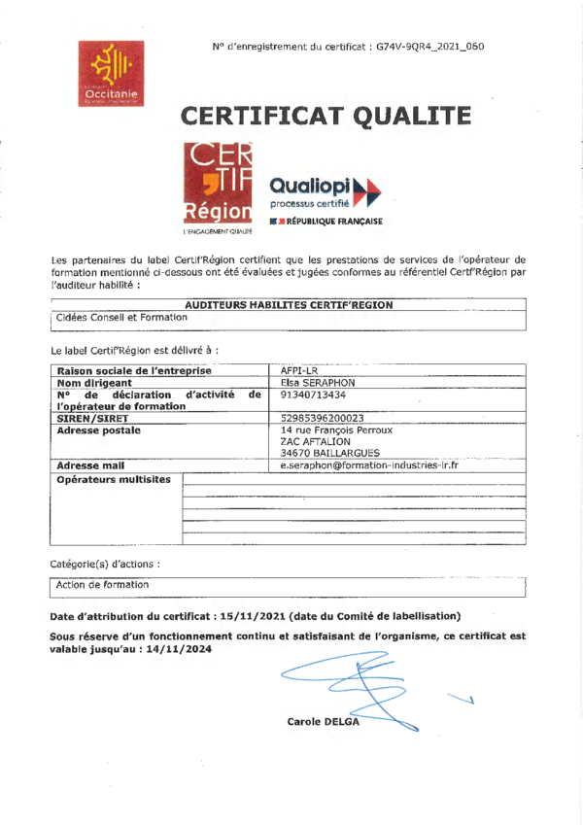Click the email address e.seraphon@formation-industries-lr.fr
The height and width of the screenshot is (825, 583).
[369, 465]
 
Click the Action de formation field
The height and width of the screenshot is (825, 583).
[103, 584]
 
